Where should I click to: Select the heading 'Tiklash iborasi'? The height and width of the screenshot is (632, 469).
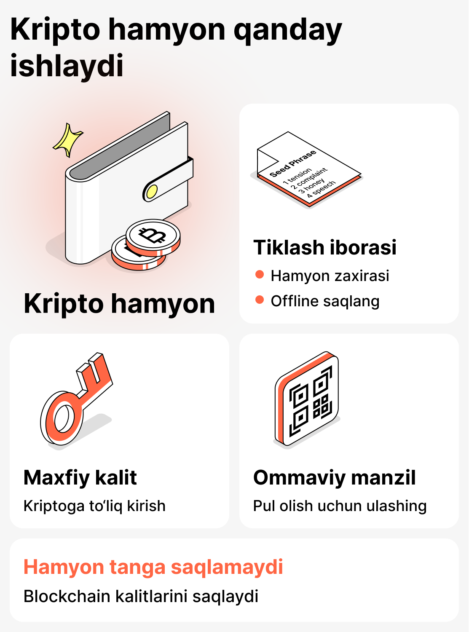325,247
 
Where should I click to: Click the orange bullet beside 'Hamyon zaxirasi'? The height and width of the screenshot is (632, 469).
260,275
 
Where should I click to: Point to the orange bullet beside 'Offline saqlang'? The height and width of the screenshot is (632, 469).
260,300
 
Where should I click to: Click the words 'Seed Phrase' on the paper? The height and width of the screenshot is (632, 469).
293,163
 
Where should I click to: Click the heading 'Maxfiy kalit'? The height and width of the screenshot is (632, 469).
80,477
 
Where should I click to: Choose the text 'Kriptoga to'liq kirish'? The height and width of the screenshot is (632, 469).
94,506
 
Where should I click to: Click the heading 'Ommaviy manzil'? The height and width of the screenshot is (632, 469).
334,477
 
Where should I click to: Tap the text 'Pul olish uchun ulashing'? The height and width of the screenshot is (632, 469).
340,506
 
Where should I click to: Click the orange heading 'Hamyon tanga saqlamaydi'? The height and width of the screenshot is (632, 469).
153,567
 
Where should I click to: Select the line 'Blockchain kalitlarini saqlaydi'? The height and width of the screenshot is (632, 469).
141,596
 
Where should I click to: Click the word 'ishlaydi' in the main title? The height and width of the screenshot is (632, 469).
67,66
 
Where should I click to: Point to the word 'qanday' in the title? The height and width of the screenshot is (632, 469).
287,30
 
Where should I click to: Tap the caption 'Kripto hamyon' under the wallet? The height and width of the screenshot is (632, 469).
119,303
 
